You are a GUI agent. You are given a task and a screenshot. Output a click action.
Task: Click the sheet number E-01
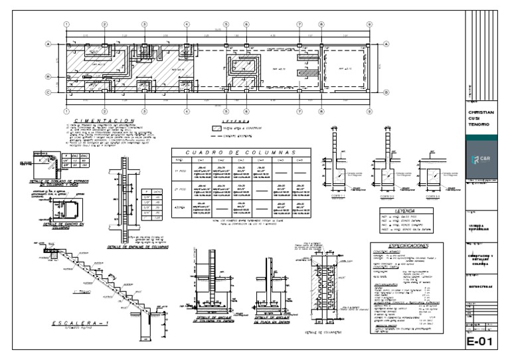pos(481,343)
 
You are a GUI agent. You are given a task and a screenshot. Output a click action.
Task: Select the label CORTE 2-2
pos(386,197)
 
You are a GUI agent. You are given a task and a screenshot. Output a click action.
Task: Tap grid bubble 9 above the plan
pos(369,25)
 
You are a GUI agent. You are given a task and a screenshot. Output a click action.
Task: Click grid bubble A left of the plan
pos(48,44)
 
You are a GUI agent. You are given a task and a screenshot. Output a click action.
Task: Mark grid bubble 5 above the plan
pos(226,25)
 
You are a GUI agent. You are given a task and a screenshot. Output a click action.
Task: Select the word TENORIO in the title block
pos(481,125)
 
